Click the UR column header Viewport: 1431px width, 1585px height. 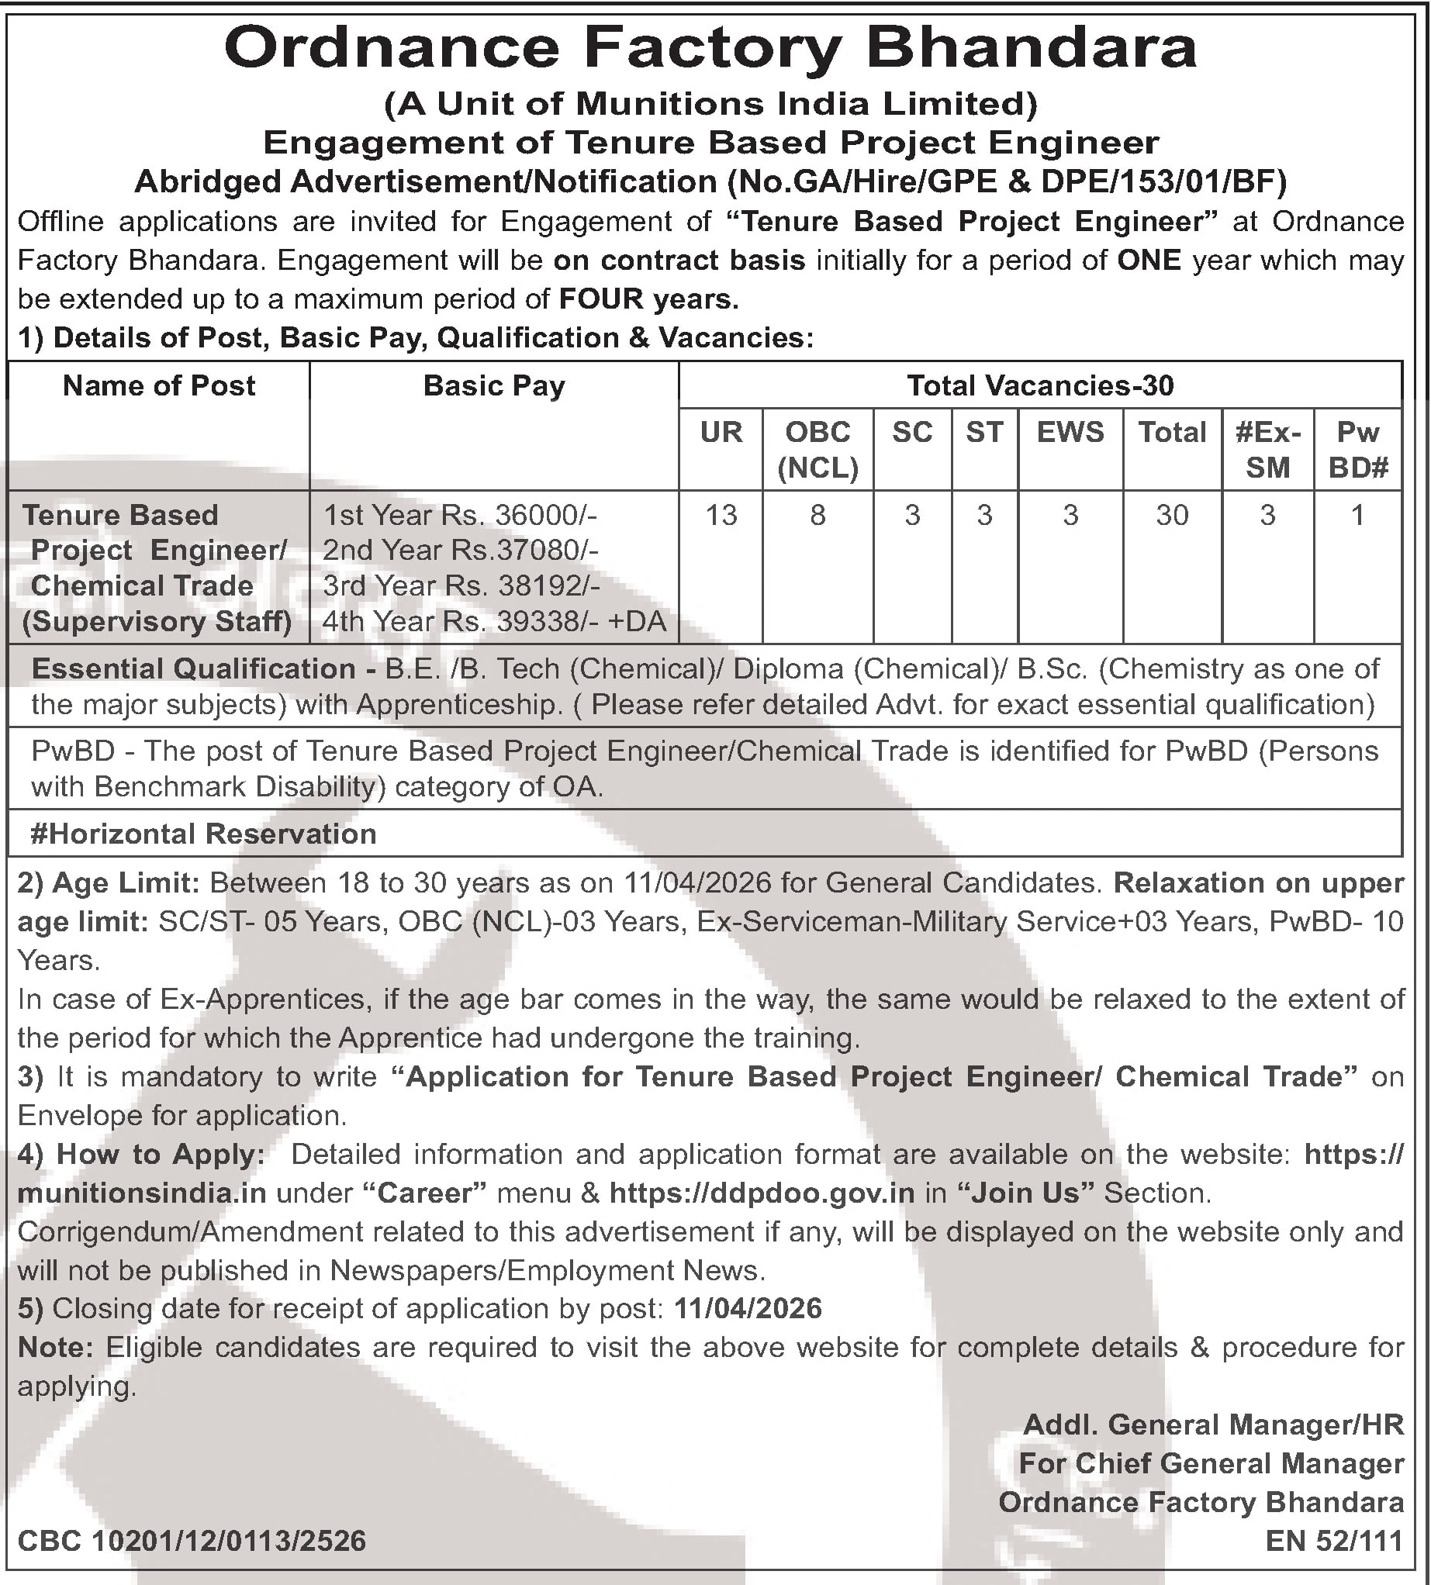721,433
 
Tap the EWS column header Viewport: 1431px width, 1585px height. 1070,433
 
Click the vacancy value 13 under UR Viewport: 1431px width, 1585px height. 721,516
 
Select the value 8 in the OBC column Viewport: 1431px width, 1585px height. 817,516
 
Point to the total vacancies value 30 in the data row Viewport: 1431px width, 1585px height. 1171,516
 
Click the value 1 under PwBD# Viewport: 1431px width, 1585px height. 1357,516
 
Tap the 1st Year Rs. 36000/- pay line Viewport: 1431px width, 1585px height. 461,516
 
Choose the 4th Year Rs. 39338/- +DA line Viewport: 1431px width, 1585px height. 494,622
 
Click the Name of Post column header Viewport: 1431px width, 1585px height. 159,386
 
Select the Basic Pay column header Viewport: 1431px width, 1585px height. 494,386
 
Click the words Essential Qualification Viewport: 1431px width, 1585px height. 193,669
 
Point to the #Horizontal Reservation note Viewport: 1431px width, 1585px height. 204,834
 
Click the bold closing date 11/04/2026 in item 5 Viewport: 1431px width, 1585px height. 748,1308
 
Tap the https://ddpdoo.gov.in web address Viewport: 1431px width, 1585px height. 762,1193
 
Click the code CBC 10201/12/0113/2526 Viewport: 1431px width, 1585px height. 192,1540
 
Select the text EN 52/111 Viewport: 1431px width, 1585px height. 1334,1541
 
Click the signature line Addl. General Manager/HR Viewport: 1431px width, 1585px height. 1213,1424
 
